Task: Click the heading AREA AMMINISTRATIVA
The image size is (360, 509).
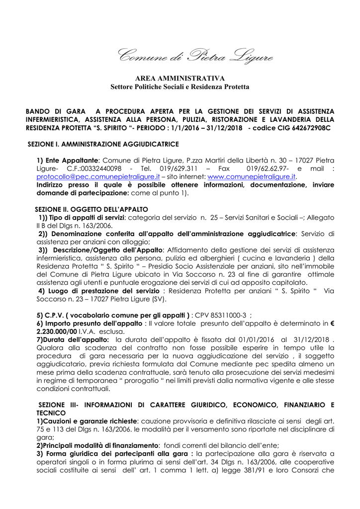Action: (x=180, y=79)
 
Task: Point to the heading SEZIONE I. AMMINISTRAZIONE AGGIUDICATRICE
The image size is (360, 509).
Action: (x=103, y=144)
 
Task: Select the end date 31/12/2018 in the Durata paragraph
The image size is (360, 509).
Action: (x=310, y=339)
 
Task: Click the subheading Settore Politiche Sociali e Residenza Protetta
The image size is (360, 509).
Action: (x=180, y=87)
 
